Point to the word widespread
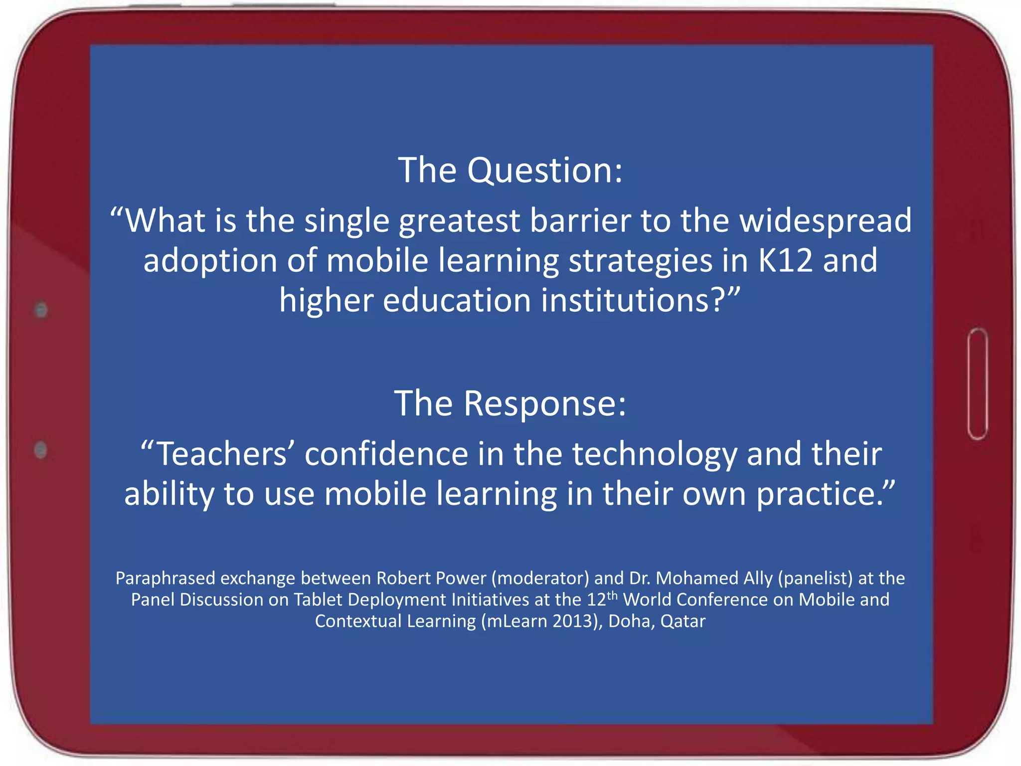pyautogui.click(x=826, y=220)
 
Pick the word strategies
pyautogui.click(x=640, y=261)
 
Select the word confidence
pyautogui.click(x=386, y=454)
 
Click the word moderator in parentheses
pyautogui.click(x=540, y=578)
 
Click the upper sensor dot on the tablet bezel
pyautogui.click(x=41, y=310)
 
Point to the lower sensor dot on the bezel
pyautogui.click(x=41, y=450)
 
